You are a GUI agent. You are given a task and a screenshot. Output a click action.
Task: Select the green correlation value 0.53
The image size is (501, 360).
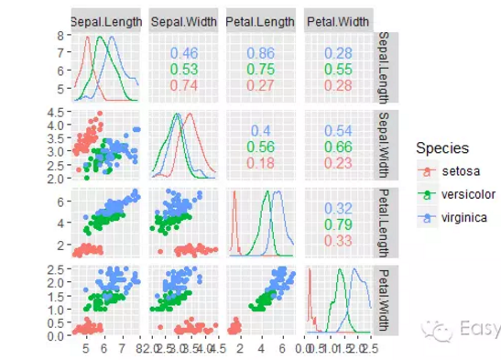tap(183, 70)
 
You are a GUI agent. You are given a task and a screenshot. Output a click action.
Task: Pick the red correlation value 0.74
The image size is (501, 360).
tap(183, 85)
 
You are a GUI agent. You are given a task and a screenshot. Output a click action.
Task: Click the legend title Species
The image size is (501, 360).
tap(443, 147)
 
